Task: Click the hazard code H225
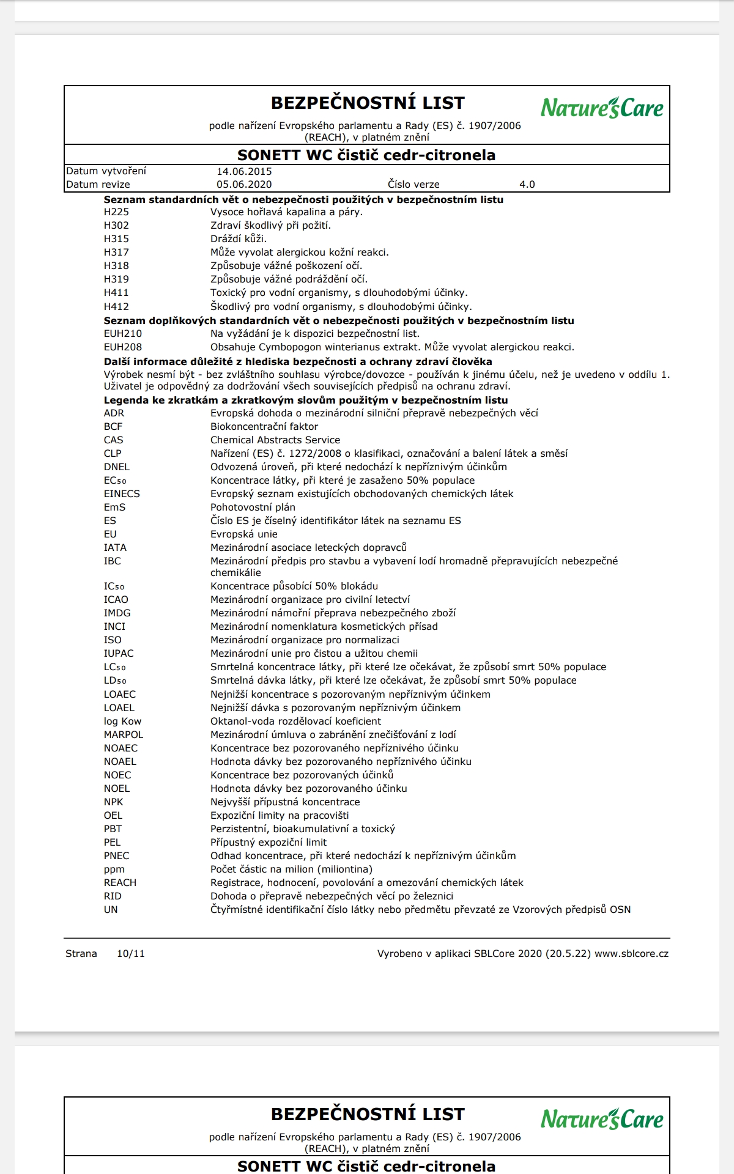pyautogui.click(x=116, y=212)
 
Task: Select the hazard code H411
pyautogui.click(x=116, y=293)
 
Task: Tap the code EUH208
pyautogui.click(x=122, y=347)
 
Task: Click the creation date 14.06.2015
pyautogui.click(x=244, y=172)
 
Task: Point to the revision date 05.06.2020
pyautogui.click(x=244, y=185)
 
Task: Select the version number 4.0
pyautogui.click(x=527, y=185)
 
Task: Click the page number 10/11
pyautogui.click(x=131, y=954)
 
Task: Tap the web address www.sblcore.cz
pyautogui.click(x=631, y=954)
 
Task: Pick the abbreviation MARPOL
pyautogui.click(x=123, y=735)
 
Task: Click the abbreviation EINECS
pyautogui.click(x=122, y=494)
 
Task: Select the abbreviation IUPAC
pyautogui.click(x=119, y=654)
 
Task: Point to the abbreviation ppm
pyautogui.click(x=114, y=869)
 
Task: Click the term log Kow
pyautogui.click(x=122, y=722)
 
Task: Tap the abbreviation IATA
pyautogui.click(x=115, y=548)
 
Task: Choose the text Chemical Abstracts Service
pyautogui.click(x=275, y=440)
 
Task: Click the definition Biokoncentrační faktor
pyautogui.click(x=264, y=427)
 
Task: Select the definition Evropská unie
pyautogui.click(x=244, y=534)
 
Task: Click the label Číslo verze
pyautogui.click(x=413, y=185)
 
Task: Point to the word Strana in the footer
pyautogui.click(x=81, y=954)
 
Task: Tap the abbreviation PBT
pyautogui.click(x=113, y=829)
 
